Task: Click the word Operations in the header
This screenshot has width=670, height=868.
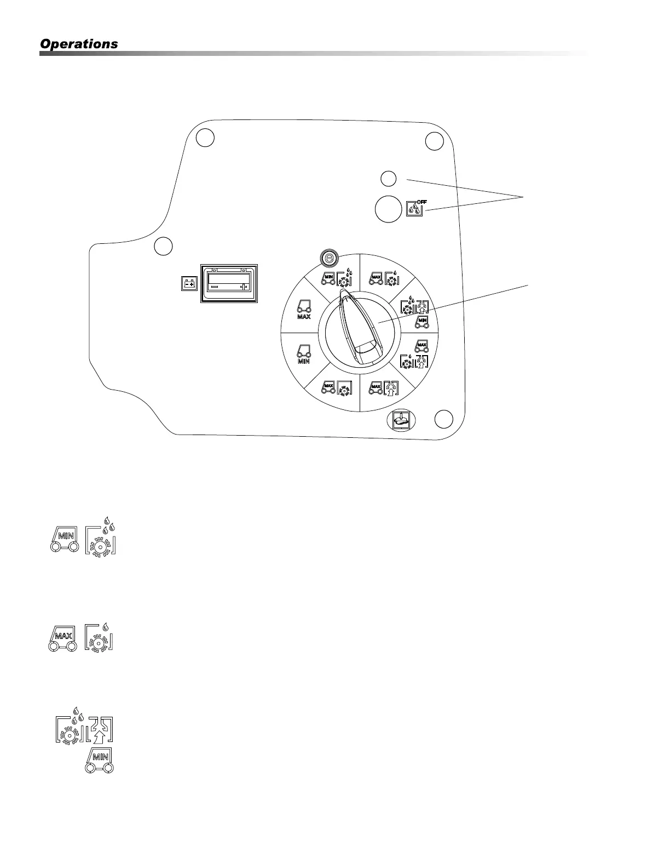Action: point(79,44)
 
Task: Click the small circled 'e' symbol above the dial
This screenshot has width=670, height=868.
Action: point(329,258)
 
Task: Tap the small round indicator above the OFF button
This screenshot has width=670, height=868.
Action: point(388,178)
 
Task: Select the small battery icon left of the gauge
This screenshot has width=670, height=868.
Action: point(189,284)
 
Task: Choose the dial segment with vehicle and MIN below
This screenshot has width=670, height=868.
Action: point(303,353)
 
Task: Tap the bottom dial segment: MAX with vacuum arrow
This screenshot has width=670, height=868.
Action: point(384,389)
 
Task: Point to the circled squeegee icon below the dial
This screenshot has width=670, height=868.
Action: point(401,420)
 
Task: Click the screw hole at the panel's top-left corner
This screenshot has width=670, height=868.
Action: point(205,138)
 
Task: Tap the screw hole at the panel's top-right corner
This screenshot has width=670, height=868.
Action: point(434,141)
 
